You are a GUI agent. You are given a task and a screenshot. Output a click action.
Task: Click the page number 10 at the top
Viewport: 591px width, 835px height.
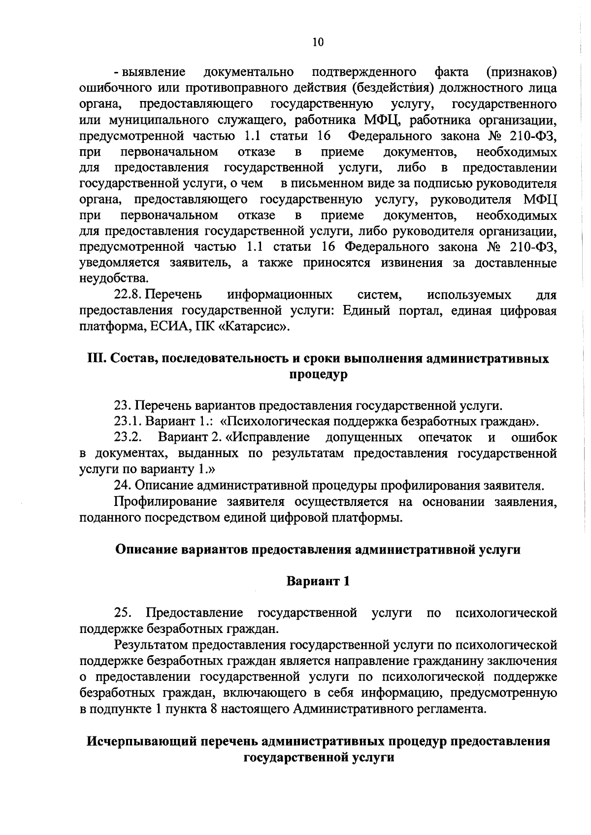click(x=318, y=42)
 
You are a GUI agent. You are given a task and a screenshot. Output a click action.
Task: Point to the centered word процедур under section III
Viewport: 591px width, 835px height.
click(x=318, y=374)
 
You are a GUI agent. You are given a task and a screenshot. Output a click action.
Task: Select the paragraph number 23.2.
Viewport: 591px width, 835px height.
click(x=128, y=437)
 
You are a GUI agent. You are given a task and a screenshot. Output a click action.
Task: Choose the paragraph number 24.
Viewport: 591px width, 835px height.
click(x=122, y=486)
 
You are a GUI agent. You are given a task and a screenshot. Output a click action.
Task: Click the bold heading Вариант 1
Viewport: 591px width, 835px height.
click(x=318, y=581)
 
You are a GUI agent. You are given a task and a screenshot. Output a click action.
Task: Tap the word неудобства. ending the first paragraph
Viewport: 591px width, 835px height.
click(x=107, y=278)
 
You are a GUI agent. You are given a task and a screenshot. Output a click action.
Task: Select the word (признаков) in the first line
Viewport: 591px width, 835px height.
click(x=521, y=72)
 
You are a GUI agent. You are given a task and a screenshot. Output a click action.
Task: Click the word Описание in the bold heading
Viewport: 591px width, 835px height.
click(x=146, y=549)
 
